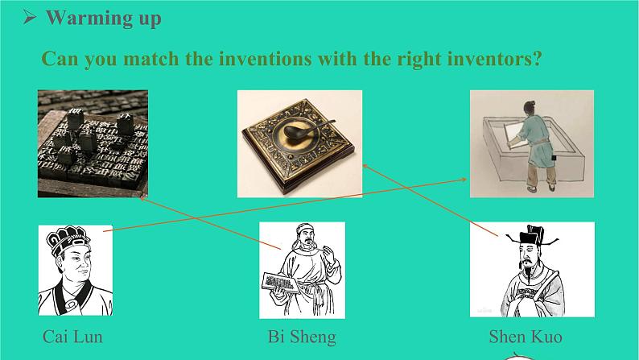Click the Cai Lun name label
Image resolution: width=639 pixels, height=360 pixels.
click(x=72, y=337)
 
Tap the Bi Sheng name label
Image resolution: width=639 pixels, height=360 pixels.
click(x=302, y=337)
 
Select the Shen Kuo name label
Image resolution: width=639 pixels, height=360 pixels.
click(x=526, y=337)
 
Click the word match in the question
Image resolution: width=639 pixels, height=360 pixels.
click(x=150, y=58)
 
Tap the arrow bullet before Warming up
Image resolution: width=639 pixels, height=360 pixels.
click(x=29, y=17)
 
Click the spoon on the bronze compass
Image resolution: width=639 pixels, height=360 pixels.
click(x=307, y=129)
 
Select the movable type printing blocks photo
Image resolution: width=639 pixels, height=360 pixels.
click(x=93, y=143)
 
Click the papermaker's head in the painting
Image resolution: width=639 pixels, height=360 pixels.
click(x=530, y=107)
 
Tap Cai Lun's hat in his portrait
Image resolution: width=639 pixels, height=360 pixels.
click(x=68, y=240)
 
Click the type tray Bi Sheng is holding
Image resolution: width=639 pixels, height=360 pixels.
click(x=280, y=282)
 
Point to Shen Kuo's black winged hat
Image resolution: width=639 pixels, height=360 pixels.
click(x=532, y=237)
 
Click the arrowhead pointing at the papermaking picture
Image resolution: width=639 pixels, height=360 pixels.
click(x=464, y=179)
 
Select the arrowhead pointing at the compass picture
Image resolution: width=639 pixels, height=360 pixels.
click(x=365, y=166)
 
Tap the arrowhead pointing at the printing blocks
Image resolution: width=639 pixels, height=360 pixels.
click(x=143, y=199)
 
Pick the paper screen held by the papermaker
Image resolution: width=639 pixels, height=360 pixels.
click(x=514, y=130)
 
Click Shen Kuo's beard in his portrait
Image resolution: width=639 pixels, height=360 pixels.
click(x=529, y=271)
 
